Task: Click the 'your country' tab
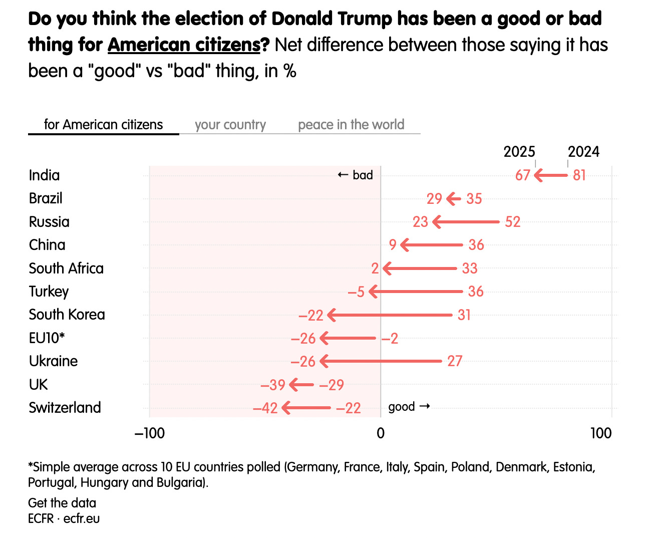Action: pos(230,125)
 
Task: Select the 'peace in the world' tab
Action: pos(351,125)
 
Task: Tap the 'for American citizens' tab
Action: pos(103,125)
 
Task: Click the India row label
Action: pos(44,175)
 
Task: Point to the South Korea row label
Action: pos(67,315)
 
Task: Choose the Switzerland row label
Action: pos(65,408)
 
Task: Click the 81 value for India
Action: pos(579,175)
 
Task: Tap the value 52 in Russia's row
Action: pos(512,222)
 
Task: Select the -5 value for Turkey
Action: pos(356,292)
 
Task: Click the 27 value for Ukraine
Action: pos(455,361)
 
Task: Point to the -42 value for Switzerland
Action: pos(265,408)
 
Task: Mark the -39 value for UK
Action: pos(273,385)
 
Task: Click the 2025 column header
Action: pos(519,152)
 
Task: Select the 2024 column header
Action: pos(583,152)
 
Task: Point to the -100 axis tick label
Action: pos(149,433)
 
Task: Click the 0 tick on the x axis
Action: pos(381,433)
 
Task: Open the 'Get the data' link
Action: pos(62,503)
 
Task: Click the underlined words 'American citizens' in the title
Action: pos(184,45)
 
